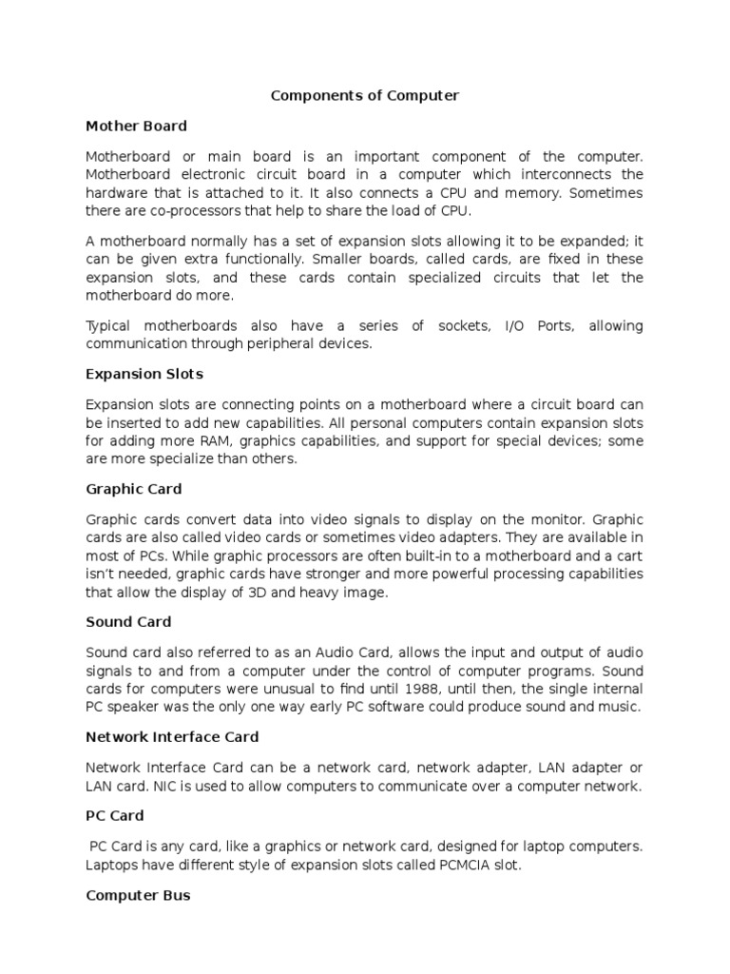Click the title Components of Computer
point(365,96)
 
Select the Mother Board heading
point(136,126)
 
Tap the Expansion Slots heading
point(144,374)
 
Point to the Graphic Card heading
point(133,489)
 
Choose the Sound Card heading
point(128,622)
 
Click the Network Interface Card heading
point(172,737)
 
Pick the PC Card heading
point(115,816)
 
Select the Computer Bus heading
point(138,895)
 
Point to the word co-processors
point(184,211)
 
